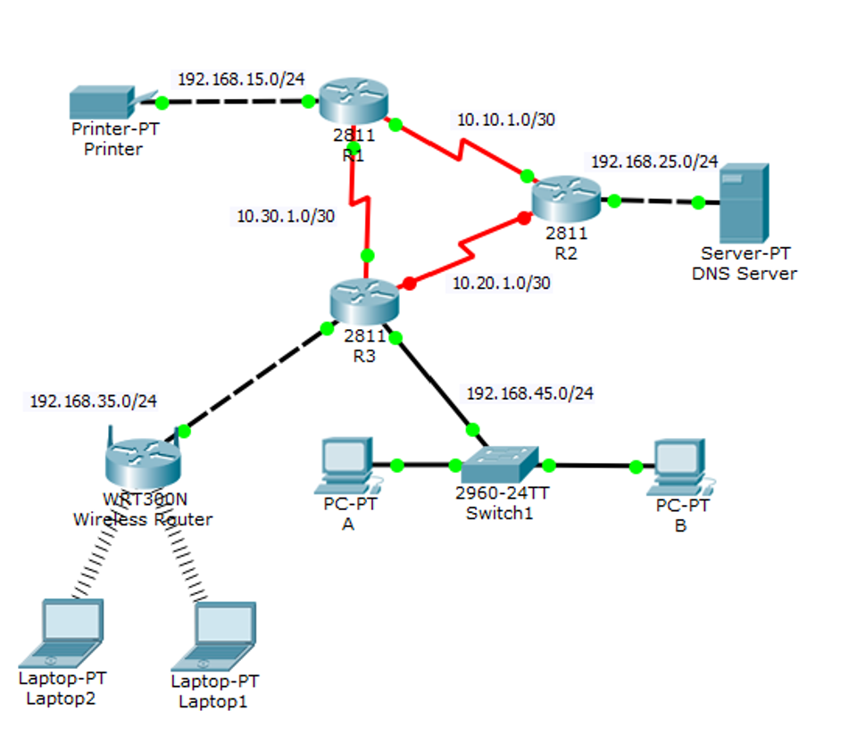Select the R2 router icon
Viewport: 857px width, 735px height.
[567, 199]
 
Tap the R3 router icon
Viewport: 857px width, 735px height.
[364, 301]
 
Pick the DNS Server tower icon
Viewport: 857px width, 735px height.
[744, 202]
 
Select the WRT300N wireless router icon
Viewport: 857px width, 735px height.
[143, 459]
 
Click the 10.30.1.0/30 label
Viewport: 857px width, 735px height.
[285, 215]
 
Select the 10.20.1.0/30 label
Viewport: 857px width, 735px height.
[501, 283]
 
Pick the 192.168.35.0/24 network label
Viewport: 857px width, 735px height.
[93, 401]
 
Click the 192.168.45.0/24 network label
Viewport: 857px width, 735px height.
[530, 392]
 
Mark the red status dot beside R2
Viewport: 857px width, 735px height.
[525, 218]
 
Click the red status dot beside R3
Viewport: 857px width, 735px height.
[409, 284]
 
